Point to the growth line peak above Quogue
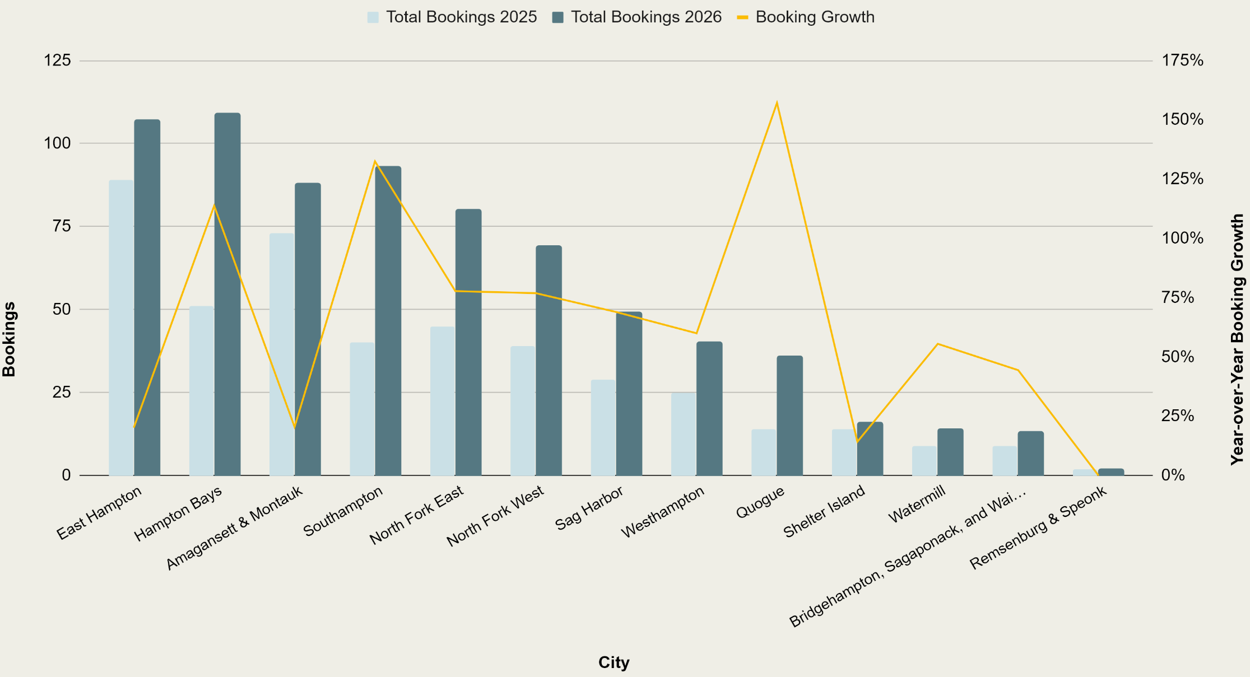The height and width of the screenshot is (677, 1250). point(777,103)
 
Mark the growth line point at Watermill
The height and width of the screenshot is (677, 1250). point(938,343)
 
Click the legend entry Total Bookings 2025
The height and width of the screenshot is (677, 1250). point(453,17)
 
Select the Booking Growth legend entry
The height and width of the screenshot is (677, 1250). point(806,17)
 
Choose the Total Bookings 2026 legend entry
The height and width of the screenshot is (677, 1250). point(637,17)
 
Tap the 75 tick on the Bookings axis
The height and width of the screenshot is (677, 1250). point(62,226)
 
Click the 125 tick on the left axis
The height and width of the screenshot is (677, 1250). point(58,60)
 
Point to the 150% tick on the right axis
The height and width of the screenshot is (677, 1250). point(1182,119)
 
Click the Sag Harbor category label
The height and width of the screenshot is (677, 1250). point(589,508)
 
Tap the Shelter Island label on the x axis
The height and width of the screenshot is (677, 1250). point(824,511)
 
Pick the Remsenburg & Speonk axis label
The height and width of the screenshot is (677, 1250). point(1038,527)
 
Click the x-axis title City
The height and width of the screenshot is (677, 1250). point(614,662)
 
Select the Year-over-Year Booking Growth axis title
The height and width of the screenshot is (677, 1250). point(1237,339)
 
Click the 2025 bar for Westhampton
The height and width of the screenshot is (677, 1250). point(684,434)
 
